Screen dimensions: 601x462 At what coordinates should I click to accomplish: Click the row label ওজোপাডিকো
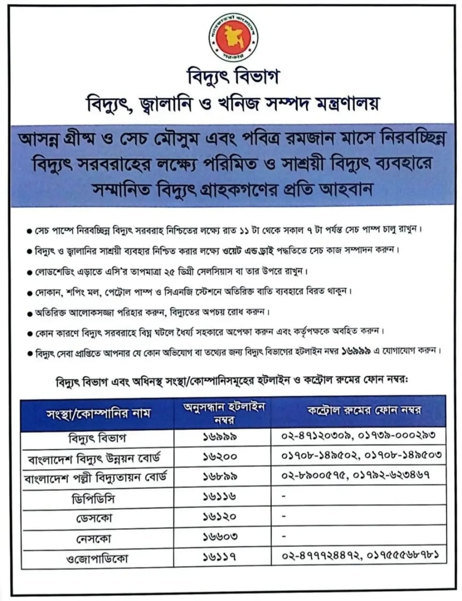(98, 559)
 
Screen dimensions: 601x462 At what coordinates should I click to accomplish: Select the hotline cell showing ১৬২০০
(220, 456)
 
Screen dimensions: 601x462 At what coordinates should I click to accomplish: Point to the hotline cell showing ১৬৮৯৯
(220, 476)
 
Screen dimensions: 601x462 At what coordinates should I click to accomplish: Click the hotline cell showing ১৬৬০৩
(220, 537)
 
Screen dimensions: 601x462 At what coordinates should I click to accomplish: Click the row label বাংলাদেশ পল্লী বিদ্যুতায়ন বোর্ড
(98, 477)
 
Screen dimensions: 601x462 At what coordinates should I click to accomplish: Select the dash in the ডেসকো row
(284, 516)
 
